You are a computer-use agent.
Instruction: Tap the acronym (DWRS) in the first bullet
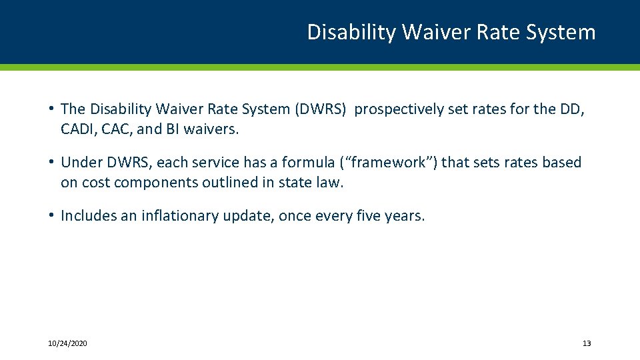pos(321,109)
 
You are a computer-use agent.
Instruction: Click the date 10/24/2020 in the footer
pos(67,343)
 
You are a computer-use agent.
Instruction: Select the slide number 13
pos(587,343)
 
